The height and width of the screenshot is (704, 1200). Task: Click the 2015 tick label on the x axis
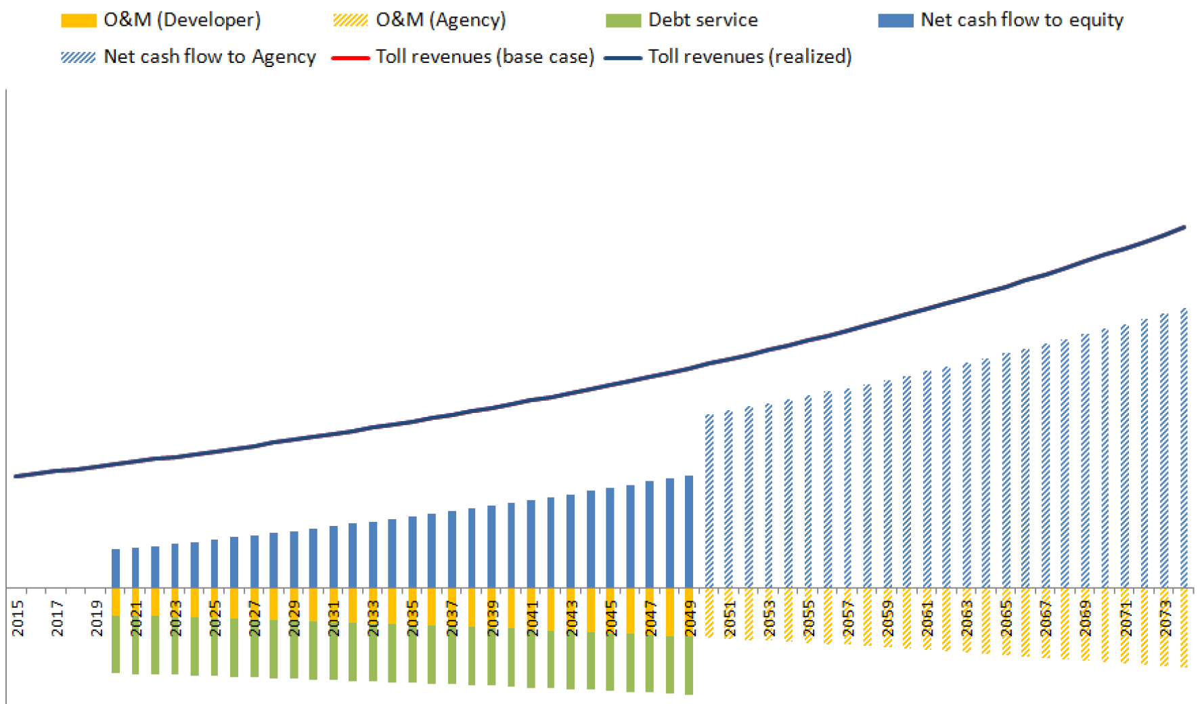tap(18, 618)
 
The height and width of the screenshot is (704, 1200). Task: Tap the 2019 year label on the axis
tap(97, 618)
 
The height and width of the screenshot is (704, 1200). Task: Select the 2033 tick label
tap(374, 618)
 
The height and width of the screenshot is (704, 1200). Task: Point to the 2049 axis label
tap(690, 618)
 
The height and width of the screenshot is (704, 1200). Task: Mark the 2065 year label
tap(1007, 618)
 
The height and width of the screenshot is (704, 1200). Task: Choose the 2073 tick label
tap(1165, 618)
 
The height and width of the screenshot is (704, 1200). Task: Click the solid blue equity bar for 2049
tap(689, 531)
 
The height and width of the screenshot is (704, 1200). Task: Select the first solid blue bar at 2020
tap(116, 569)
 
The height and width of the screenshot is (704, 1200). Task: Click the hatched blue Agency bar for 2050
tap(709, 501)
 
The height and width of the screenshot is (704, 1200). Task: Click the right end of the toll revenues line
tap(1184, 227)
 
